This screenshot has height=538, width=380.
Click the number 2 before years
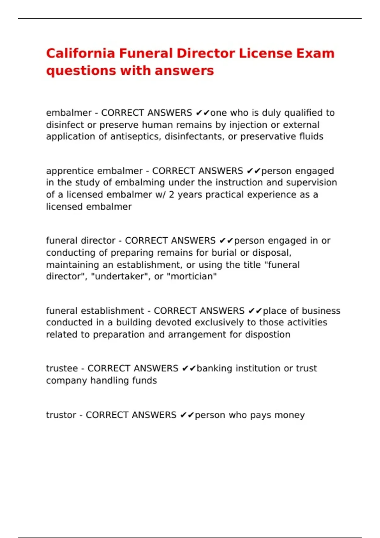171,195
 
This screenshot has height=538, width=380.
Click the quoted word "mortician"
193,277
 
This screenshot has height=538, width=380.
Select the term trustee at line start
62,368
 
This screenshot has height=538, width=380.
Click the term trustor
61,415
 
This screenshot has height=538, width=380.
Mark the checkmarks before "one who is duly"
203,113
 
